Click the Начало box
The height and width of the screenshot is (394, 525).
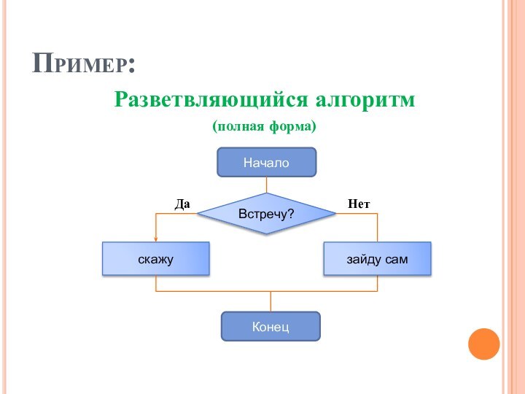coord(267,163)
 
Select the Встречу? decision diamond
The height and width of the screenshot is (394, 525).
coord(267,214)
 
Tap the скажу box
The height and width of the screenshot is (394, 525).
coord(156,258)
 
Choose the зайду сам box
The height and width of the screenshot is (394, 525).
coord(377,258)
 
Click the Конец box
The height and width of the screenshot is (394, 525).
coord(271,326)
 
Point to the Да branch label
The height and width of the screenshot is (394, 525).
coord(182,204)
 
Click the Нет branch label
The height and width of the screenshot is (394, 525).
coord(359,204)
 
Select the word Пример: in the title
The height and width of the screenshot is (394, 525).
coord(85,64)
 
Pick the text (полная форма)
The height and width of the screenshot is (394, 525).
coord(265,126)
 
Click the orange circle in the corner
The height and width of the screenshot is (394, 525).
coord(483,344)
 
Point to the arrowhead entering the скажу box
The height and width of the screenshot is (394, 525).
coord(156,239)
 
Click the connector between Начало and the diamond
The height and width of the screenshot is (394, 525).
coord(267,185)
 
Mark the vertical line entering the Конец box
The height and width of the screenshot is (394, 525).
coord(271,301)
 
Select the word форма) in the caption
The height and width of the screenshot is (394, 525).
coord(295,126)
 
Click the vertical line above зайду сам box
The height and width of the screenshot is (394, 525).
coord(377,227)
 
